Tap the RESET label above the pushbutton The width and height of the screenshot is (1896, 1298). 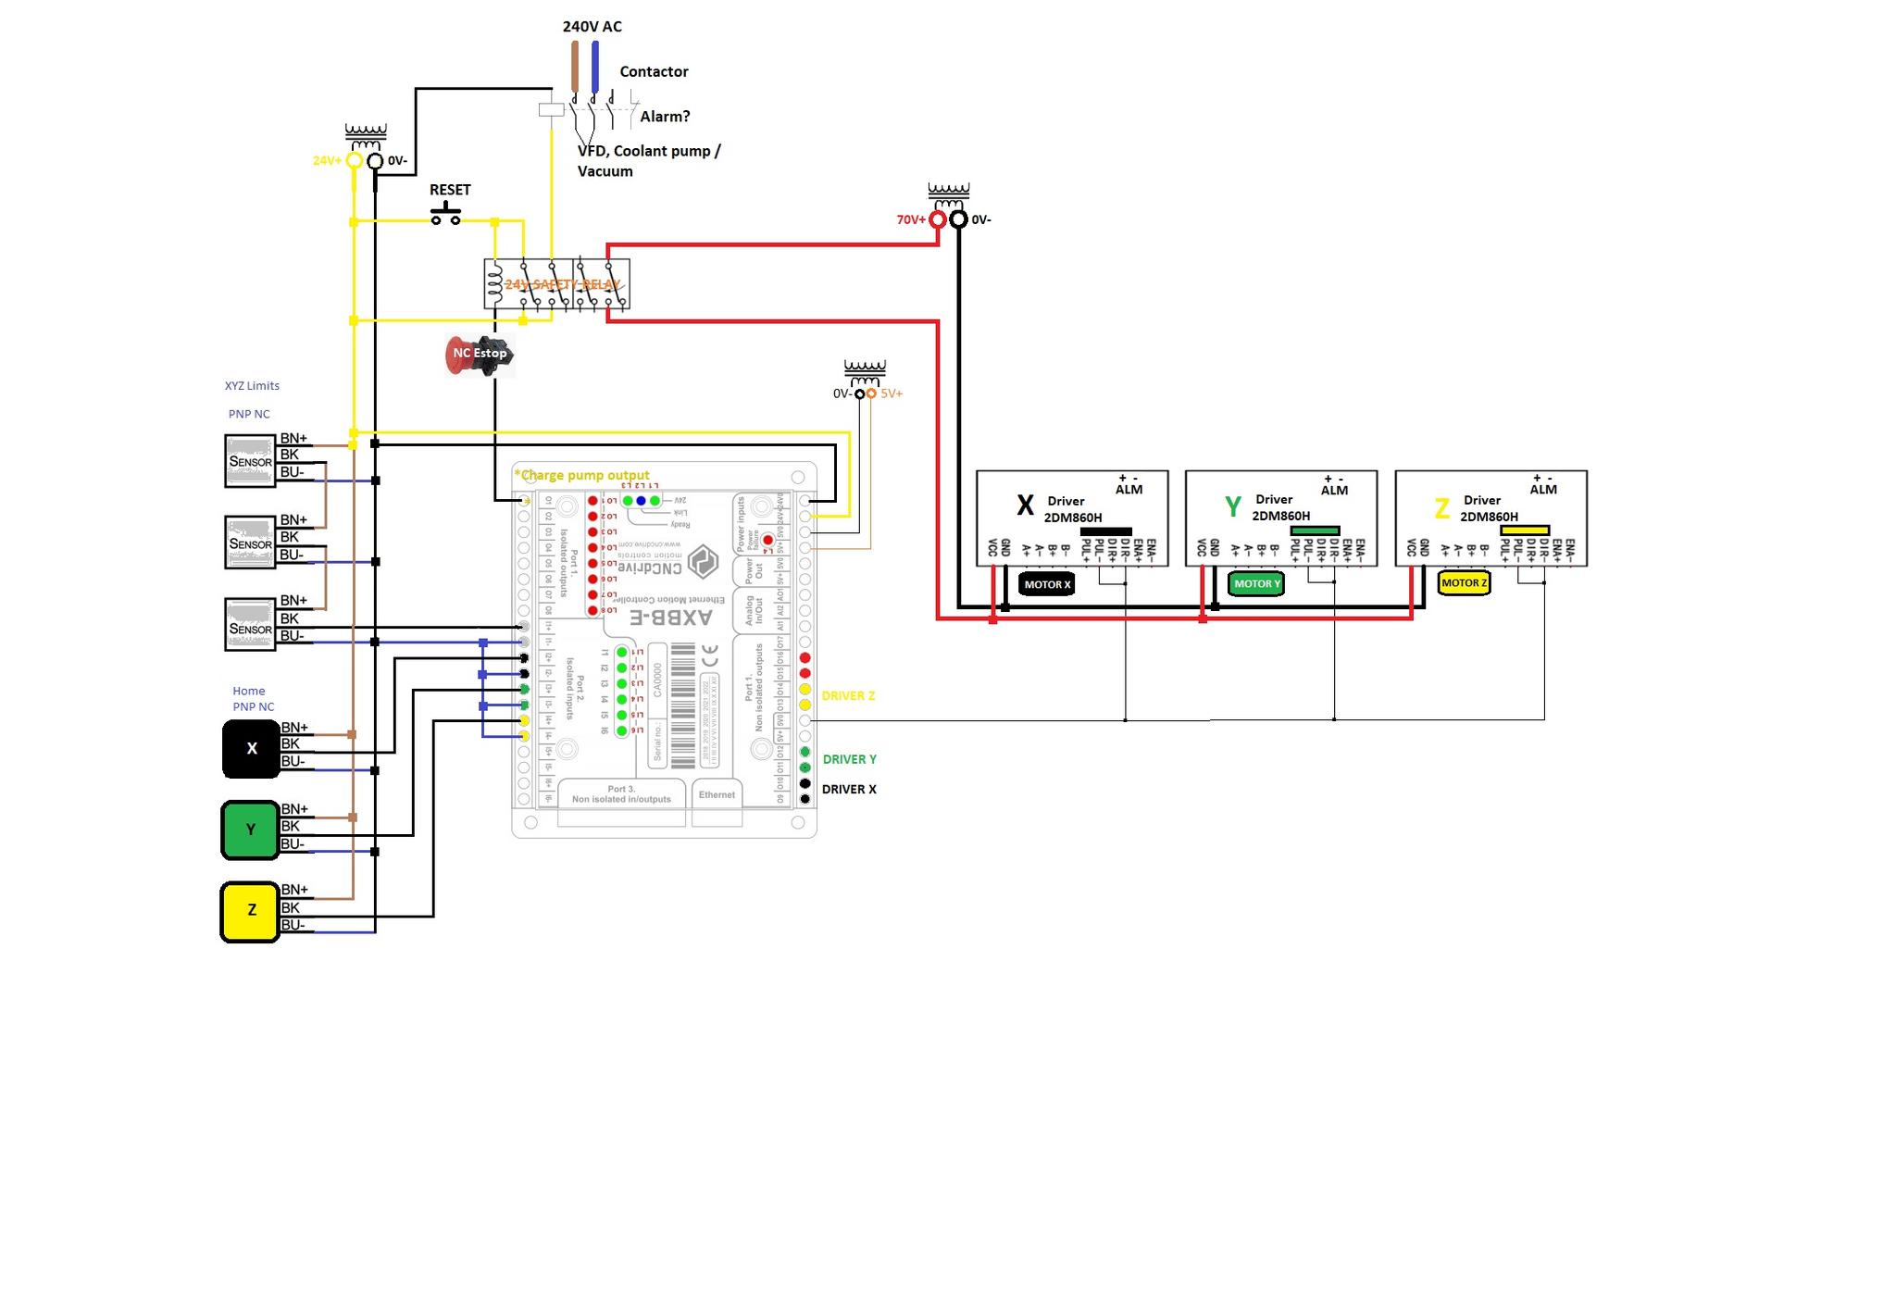(x=450, y=190)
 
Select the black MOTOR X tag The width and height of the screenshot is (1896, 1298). (x=1047, y=584)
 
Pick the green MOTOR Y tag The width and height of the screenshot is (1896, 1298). (x=1256, y=583)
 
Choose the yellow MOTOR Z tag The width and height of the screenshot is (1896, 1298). (x=1464, y=582)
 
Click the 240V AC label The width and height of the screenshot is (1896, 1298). (x=592, y=27)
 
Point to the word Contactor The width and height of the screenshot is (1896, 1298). (x=654, y=71)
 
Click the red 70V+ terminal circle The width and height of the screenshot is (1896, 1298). (x=938, y=219)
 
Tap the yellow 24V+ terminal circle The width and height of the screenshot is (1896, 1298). (x=354, y=161)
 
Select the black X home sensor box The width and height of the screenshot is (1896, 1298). (x=251, y=748)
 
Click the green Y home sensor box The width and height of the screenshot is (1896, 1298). (x=250, y=830)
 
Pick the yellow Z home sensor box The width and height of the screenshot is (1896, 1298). (x=250, y=911)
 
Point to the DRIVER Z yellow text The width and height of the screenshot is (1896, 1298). (x=848, y=695)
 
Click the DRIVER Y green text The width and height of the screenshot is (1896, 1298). (x=849, y=759)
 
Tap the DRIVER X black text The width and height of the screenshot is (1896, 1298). (x=849, y=790)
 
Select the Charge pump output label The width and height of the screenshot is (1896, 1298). (x=582, y=475)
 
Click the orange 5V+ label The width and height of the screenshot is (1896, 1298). (x=892, y=393)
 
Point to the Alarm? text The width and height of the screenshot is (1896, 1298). (x=665, y=117)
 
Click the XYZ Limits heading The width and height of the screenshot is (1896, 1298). (x=252, y=386)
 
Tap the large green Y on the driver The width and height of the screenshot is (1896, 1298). (x=1232, y=506)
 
